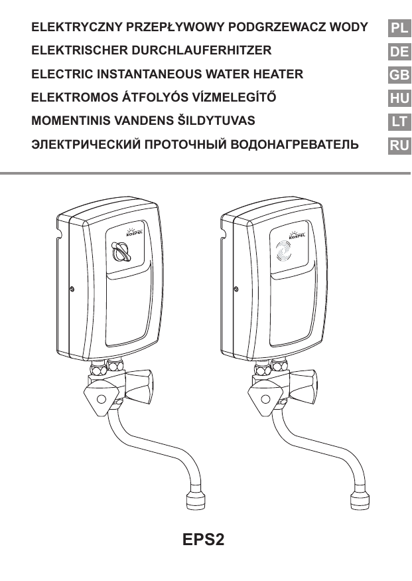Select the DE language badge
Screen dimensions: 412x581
(399, 51)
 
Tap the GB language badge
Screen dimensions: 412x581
(399, 74)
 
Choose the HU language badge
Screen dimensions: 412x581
(399, 98)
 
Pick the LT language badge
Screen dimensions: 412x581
(399, 121)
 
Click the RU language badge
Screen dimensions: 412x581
(399, 144)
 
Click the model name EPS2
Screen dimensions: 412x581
(204, 539)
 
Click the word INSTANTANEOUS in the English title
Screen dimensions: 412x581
(148, 74)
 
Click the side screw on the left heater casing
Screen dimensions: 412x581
(72, 290)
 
